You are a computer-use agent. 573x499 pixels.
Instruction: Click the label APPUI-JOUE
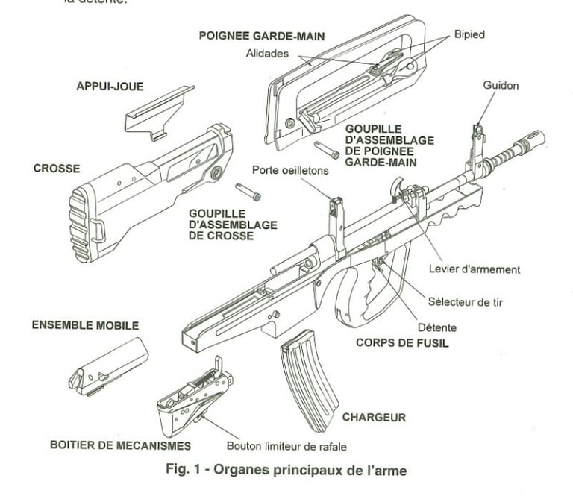[x=110, y=87]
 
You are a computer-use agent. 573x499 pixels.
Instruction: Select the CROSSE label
[x=57, y=169]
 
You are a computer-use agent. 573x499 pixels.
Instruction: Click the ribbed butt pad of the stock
[x=81, y=225]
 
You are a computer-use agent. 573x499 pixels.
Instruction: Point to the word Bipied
[x=469, y=35]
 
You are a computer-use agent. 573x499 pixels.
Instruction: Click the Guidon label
[x=501, y=86]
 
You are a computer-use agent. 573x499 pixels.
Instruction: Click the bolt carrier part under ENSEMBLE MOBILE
[x=107, y=365]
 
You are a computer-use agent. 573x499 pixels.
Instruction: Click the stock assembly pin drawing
[x=248, y=192]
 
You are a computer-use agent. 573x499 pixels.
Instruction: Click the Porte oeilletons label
[x=290, y=171]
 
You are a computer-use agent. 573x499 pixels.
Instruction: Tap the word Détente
[x=437, y=327]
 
